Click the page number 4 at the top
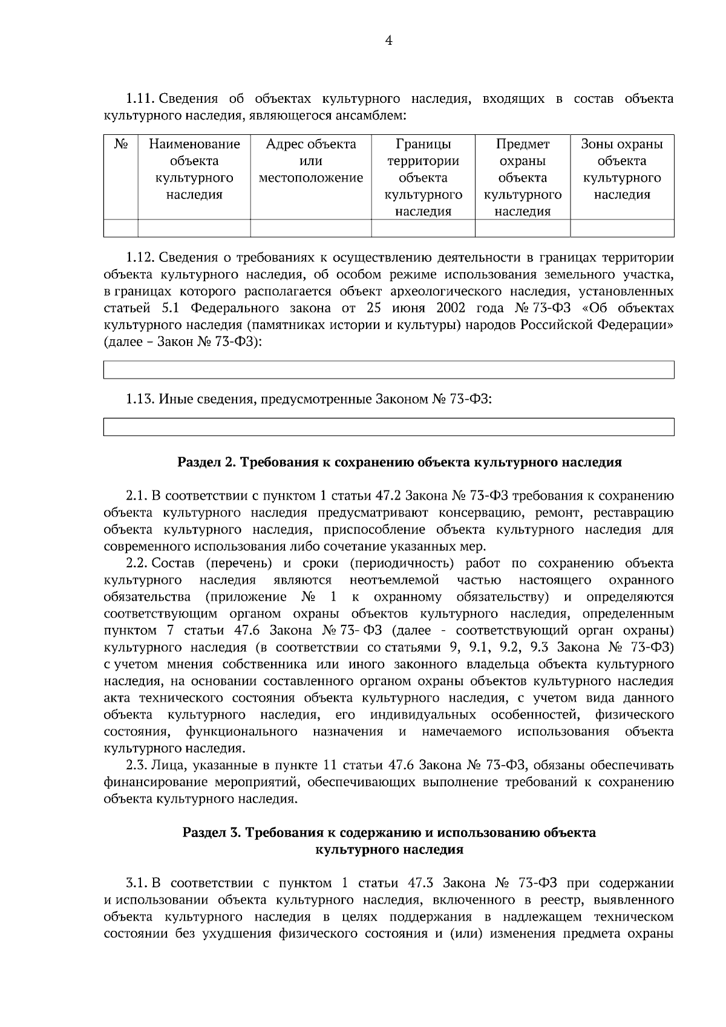[x=388, y=41]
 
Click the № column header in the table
[x=121, y=145]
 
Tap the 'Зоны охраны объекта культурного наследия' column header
[x=622, y=169]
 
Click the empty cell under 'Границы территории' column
[x=423, y=228]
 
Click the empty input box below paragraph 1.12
[x=388, y=370]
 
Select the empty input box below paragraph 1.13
[x=388, y=426]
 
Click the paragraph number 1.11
[x=140, y=98]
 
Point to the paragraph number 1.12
[x=140, y=258]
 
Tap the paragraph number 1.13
[x=140, y=399]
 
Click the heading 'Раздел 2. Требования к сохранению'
[x=399, y=463]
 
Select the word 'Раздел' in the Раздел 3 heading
[x=204, y=833]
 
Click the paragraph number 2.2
[x=137, y=564]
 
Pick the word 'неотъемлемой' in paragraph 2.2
[x=394, y=581]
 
